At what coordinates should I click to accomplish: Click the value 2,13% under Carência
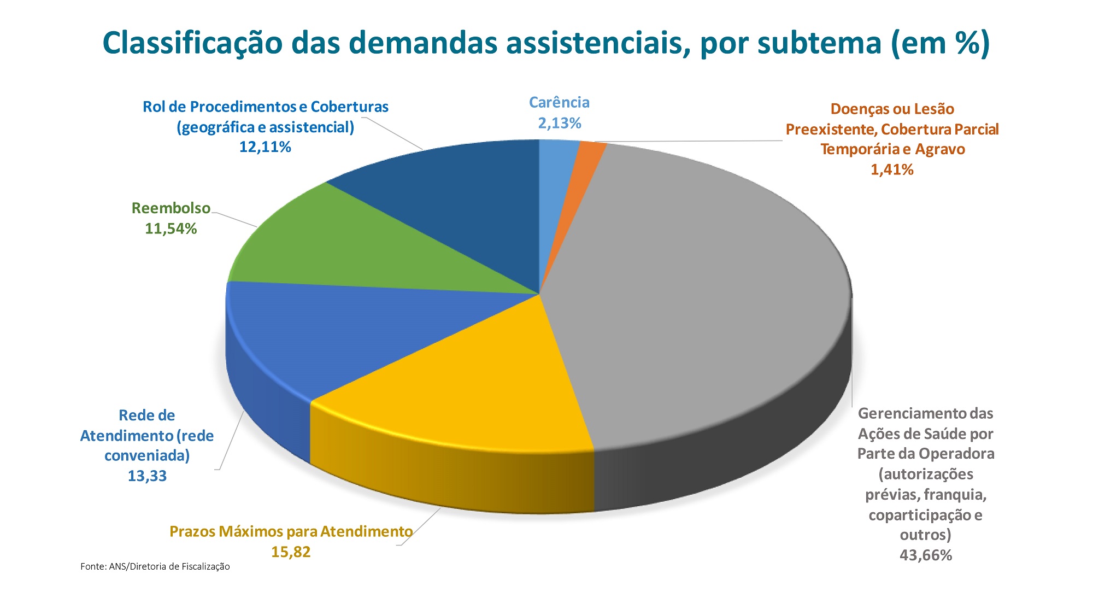click(x=559, y=123)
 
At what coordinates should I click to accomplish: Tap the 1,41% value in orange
click(x=892, y=169)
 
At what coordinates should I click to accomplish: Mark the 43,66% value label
click(x=926, y=555)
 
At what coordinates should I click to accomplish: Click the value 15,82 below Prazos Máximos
click(x=291, y=552)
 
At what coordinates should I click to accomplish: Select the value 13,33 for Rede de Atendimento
click(x=147, y=476)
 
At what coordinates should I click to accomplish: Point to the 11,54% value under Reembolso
click(x=171, y=229)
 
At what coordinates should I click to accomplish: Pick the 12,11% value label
click(x=265, y=147)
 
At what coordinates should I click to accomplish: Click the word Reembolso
click(x=171, y=208)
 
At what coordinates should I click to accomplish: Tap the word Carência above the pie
click(x=559, y=103)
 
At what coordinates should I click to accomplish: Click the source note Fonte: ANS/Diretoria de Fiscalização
click(x=155, y=567)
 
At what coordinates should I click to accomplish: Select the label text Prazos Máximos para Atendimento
click(x=291, y=531)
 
